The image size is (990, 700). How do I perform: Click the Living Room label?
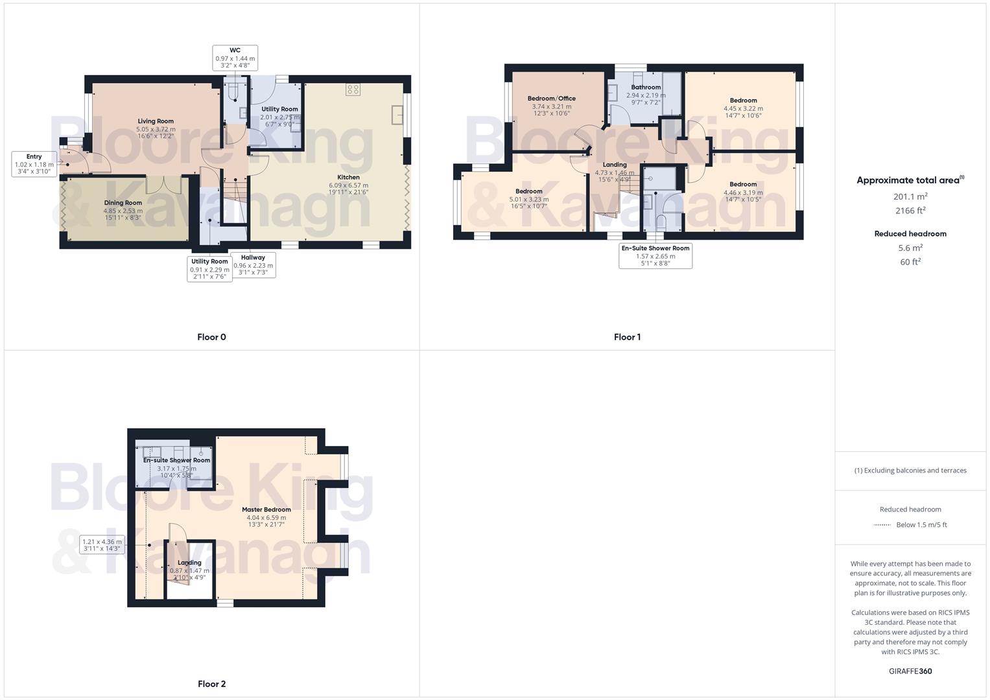(156, 121)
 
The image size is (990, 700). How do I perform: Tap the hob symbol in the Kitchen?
(353, 90)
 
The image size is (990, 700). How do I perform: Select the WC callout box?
(235, 58)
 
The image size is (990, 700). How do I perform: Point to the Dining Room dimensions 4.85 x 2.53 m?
(123, 211)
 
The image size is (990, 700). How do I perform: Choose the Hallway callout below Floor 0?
(253, 265)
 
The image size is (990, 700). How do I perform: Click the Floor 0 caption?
(211, 337)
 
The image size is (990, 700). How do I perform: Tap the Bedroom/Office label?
(551, 99)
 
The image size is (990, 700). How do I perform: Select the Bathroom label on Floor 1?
(646, 87)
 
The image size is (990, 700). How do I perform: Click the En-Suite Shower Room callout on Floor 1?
(655, 255)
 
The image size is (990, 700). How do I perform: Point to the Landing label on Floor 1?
(615, 165)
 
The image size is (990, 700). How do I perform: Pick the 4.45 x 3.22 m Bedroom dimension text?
(743, 108)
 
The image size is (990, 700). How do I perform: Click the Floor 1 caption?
(627, 337)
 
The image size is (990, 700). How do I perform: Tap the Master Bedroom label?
(266, 509)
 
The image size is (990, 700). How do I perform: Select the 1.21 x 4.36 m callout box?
(102, 545)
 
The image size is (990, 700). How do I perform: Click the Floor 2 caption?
(211, 684)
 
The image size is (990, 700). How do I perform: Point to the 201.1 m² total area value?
(910, 196)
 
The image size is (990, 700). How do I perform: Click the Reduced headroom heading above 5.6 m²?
(910, 233)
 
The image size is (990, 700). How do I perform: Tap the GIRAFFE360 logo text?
(910, 671)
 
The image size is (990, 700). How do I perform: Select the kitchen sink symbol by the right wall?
(397, 115)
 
